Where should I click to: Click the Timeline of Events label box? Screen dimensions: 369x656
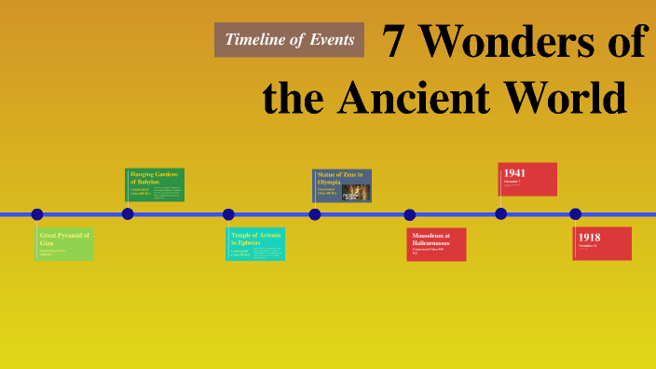tap(289, 39)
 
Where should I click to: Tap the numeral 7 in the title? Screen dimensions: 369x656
tap(395, 44)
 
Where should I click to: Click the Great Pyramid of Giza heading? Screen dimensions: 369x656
tap(64, 239)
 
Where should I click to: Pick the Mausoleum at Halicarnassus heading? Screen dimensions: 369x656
tap(431, 239)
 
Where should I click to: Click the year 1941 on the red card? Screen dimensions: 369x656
tap(514, 173)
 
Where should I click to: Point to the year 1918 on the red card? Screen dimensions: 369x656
tap(589, 238)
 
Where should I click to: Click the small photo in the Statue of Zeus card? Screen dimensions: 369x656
tap(356, 192)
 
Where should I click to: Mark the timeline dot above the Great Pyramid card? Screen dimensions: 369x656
tap(37, 214)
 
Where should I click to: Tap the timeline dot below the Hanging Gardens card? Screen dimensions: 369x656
tap(128, 214)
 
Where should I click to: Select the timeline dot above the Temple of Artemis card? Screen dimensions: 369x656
tap(228, 214)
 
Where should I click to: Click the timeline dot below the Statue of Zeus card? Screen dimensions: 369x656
tap(315, 214)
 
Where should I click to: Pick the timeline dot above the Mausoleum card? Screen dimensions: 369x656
tap(410, 214)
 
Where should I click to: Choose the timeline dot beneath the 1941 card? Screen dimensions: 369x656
tap(501, 214)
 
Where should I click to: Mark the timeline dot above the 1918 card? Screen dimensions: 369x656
tap(576, 214)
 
